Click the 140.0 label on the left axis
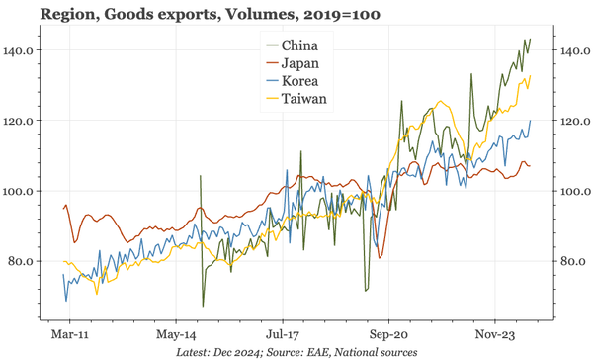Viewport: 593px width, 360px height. tap(22, 50)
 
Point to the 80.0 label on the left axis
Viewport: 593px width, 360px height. tap(24, 261)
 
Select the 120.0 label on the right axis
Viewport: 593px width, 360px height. tap(574, 121)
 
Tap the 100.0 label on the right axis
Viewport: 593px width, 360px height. tap(574, 191)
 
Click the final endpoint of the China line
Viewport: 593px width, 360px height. tap(531, 40)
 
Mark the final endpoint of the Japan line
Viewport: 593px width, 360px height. tap(531, 165)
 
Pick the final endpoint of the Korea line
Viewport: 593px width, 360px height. tap(531, 121)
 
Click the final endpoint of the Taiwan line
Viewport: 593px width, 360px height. tap(531, 76)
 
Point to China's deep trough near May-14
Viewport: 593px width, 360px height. tap(203, 306)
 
